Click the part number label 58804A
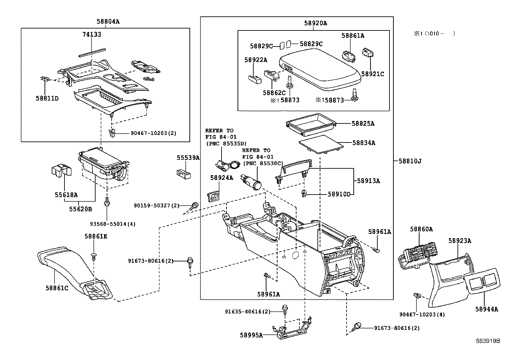(108, 22)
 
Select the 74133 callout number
(92, 34)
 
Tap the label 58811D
(47, 98)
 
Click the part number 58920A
(315, 23)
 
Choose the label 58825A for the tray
(363, 123)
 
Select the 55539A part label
(188, 158)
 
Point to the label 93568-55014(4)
(113, 224)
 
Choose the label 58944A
(487, 309)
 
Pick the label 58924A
(222, 178)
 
